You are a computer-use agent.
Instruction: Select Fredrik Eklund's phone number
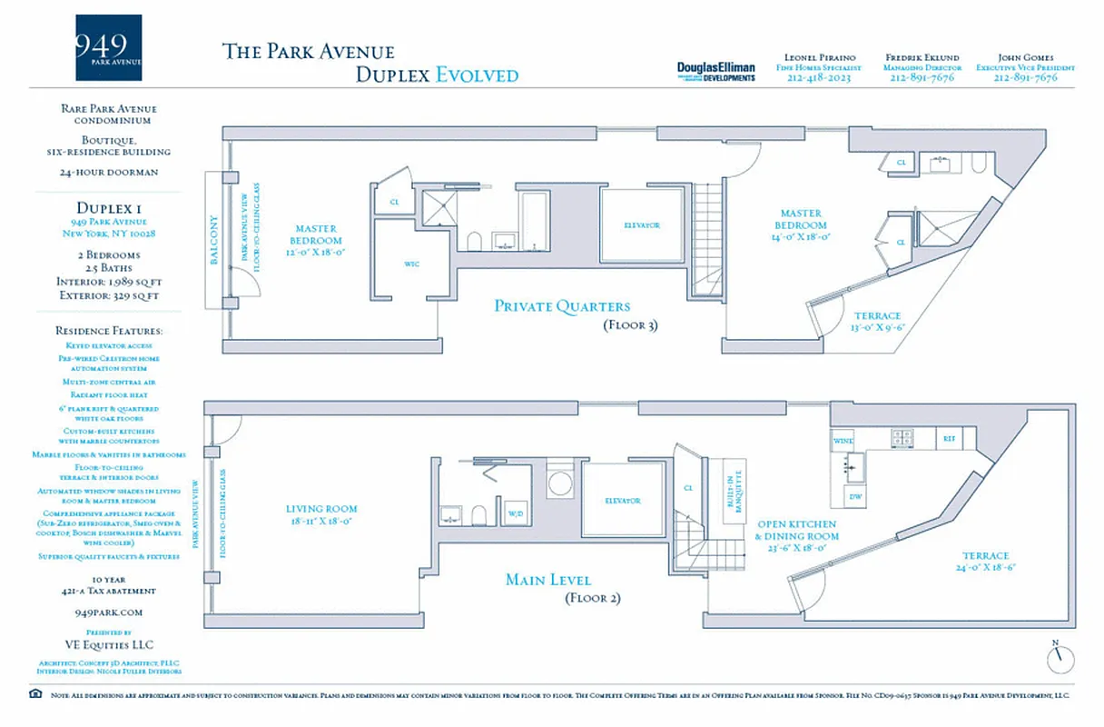922,78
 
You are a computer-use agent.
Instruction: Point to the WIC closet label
409,264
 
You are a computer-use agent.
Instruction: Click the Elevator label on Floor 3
641,224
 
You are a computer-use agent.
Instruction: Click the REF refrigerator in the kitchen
949,439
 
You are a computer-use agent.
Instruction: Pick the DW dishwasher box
855,496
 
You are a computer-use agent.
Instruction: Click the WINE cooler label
843,440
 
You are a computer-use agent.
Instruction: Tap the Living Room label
321,515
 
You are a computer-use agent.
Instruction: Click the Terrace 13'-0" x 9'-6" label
877,321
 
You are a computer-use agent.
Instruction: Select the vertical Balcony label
214,239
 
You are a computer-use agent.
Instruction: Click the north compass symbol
1059,657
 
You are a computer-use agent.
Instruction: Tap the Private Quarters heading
561,306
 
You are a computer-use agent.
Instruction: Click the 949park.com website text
108,613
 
